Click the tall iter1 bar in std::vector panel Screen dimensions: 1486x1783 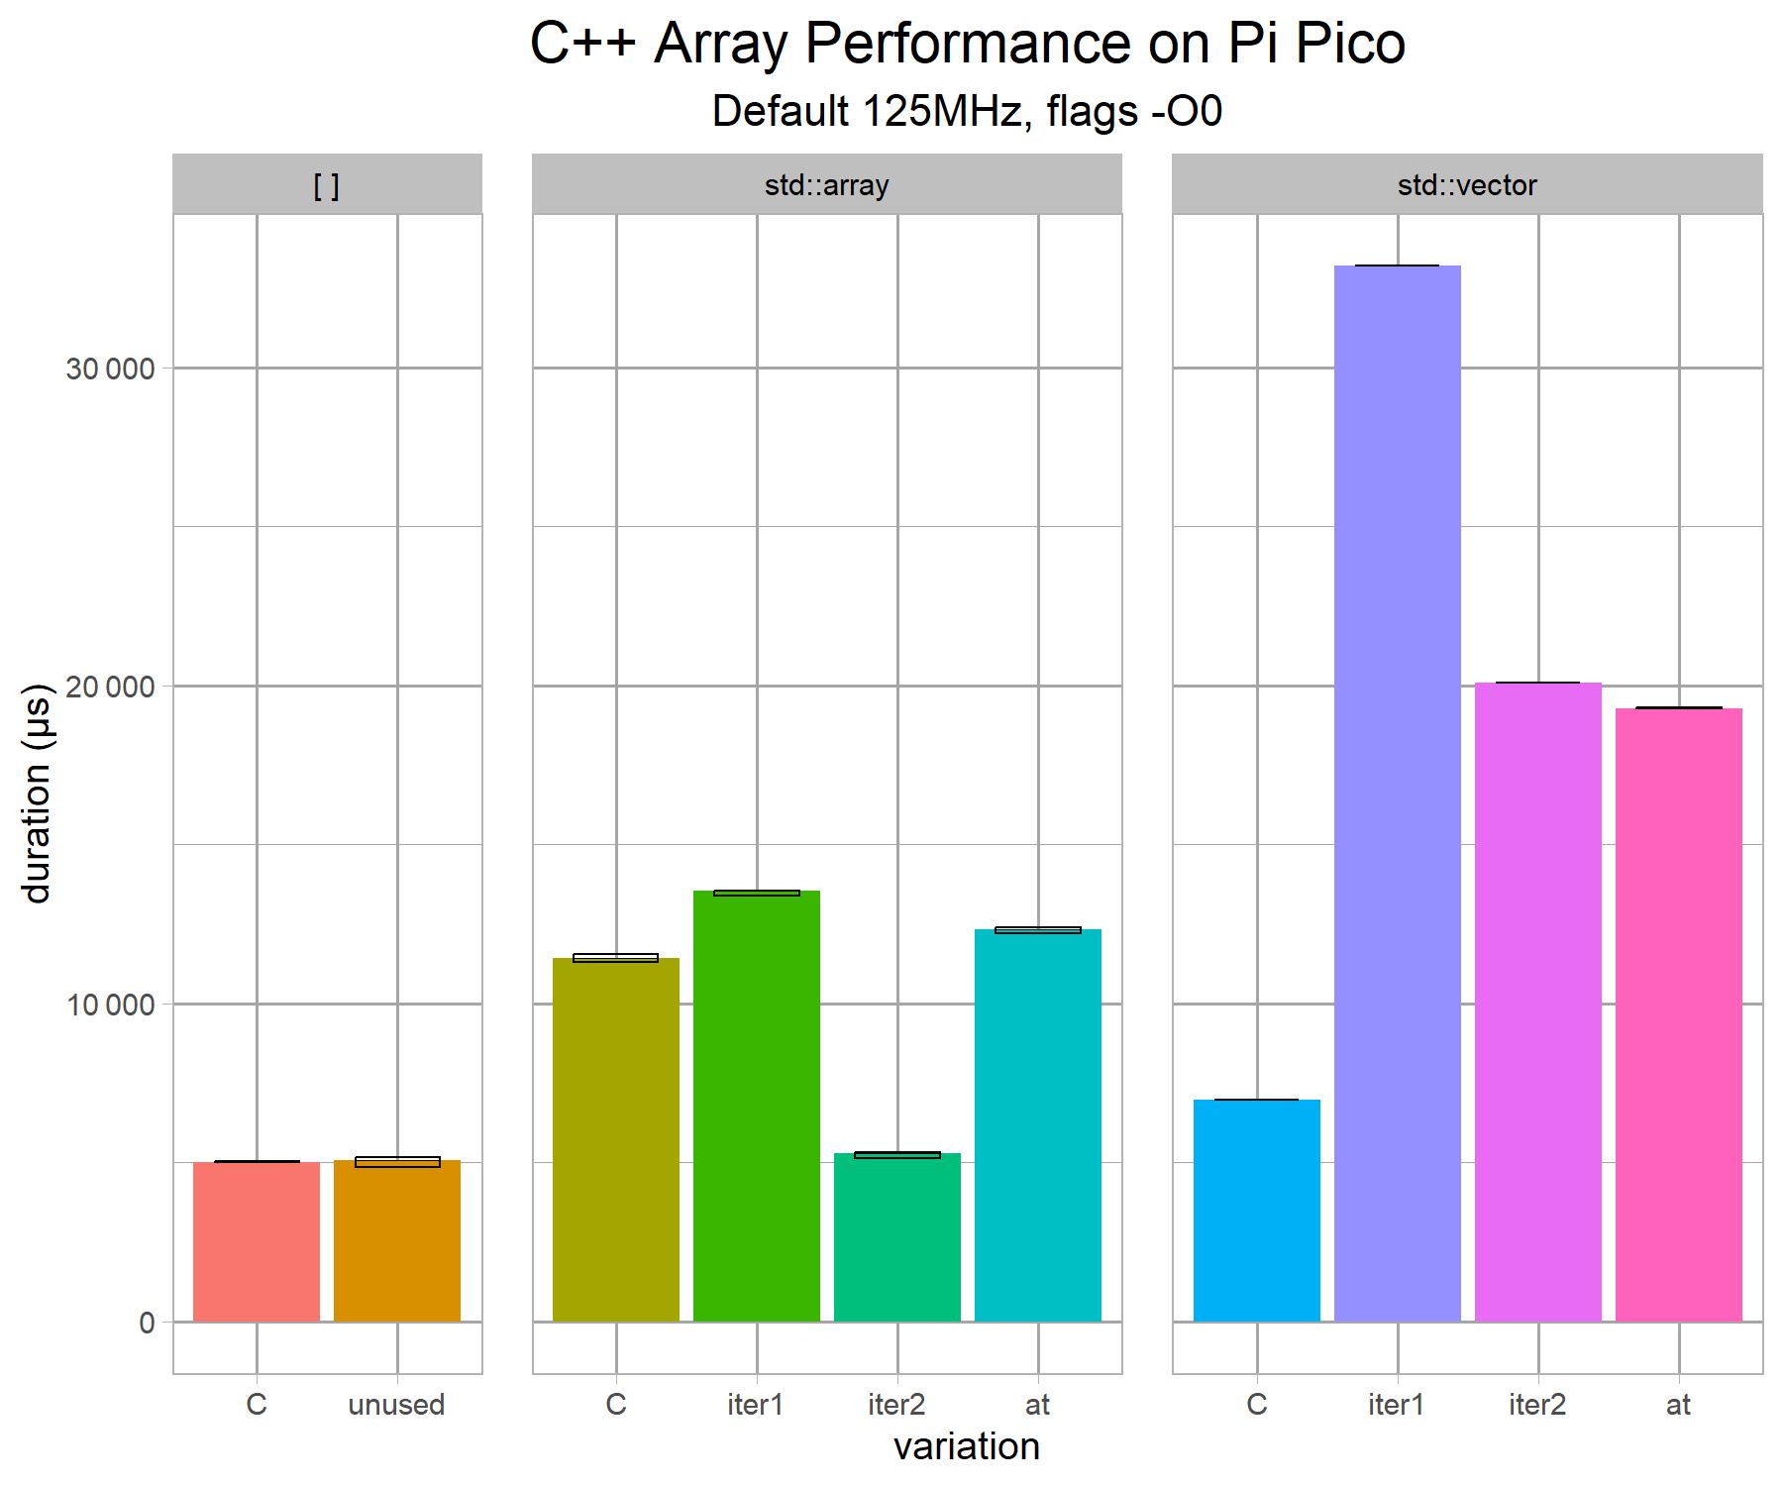tap(1397, 793)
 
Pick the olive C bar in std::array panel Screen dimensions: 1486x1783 tap(616, 1139)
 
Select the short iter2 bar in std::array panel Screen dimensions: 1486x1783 tap(897, 1237)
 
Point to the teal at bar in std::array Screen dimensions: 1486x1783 tap(1038, 1125)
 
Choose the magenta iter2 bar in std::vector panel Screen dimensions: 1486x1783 tap(1538, 1002)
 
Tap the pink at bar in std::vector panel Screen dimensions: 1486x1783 tap(1679, 1014)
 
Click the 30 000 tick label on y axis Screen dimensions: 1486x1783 tap(110, 370)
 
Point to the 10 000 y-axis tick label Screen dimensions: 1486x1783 tap(110, 1006)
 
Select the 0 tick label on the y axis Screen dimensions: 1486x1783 tap(147, 1324)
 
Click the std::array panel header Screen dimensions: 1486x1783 tap(827, 185)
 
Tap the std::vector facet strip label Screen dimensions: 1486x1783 tap(1467, 185)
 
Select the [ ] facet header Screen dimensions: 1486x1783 tap(327, 185)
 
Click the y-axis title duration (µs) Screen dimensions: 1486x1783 tap(37, 793)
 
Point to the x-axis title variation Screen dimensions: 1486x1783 tap(967, 1447)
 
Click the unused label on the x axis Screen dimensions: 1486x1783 tap(396, 1405)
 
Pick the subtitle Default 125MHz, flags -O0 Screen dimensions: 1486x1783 tap(967, 111)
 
